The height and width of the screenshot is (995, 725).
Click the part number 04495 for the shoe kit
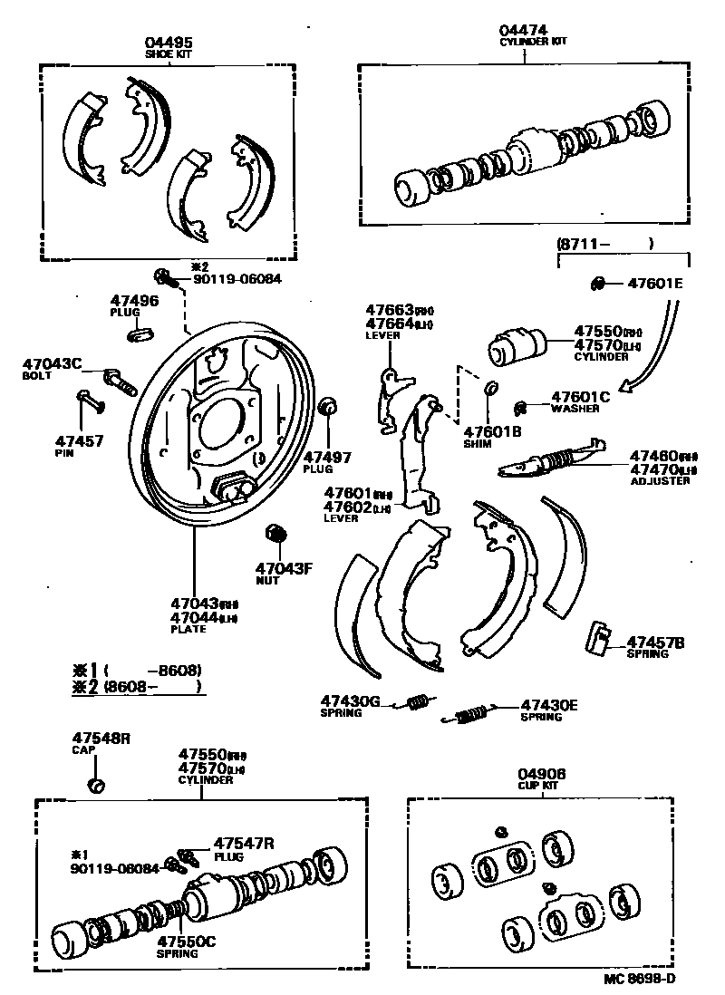pos(169,43)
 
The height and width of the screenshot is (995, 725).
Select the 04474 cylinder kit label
pos(523,31)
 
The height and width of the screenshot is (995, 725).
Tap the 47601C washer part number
pos(581,396)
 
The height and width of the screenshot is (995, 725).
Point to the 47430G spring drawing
pos(418,700)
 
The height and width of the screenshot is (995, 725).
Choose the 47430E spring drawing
pos(469,716)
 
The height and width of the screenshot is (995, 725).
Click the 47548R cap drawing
pos(95,783)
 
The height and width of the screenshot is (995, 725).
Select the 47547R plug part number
pos(243,842)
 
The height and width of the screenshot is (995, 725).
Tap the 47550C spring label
pos(186,942)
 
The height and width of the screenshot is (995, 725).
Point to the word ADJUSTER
pos(660,480)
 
